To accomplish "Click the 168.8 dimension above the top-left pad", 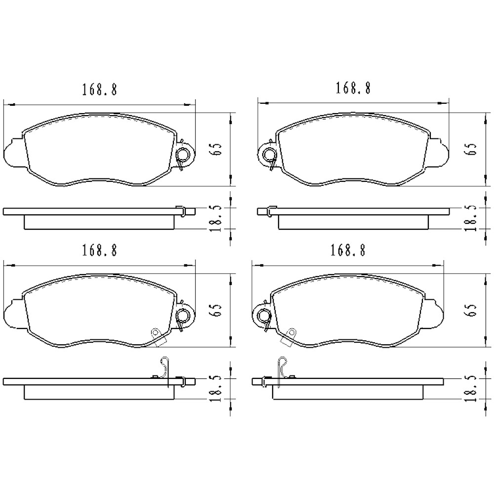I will coord(99,90).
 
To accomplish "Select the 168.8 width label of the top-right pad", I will coord(353,88).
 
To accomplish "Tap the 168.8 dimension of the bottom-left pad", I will coord(99,250).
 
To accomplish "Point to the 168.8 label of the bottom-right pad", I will coord(347,250).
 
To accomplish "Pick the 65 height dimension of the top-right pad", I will coord(471,150).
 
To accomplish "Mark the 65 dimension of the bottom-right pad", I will coord(471,310).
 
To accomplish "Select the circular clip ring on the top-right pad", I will coord(270,155).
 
